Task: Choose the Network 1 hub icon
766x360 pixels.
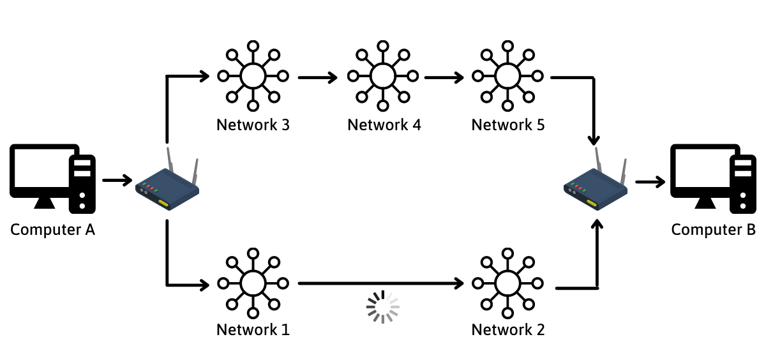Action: [x=253, y=282]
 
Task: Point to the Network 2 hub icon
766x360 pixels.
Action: [x=507, y=282]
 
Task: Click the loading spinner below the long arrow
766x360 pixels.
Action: [x=383, y=307]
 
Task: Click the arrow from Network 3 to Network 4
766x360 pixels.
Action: [x=317, y=79]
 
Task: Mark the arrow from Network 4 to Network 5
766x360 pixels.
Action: [x=444, y=79]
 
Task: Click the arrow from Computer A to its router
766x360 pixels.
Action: [x=116, y=181]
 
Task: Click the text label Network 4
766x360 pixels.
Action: [x=384, y=124]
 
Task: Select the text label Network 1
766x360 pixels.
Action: [x=253, y=330]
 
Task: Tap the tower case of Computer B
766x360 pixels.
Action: [x=742, y=182]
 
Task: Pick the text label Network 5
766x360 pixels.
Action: [x=507, y=124]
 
